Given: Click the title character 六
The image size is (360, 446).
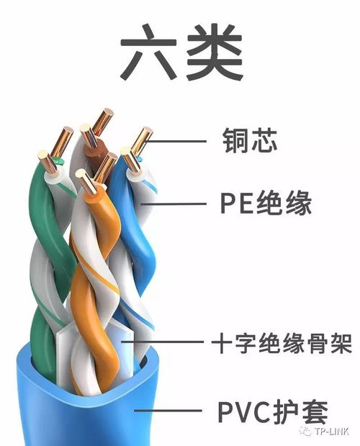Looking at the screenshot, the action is (148, 51).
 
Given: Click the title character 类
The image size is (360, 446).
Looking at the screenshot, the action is (215, 51).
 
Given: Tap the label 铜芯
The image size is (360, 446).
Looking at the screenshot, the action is (250, 140).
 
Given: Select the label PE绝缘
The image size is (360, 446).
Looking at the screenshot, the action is (266, 203).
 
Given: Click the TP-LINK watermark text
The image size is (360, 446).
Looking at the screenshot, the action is (331, 432).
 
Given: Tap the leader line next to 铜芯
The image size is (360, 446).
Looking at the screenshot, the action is (176, 141).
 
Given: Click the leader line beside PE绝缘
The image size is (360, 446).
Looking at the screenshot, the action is (173, 204).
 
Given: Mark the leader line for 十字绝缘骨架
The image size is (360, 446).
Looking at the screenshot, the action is (162, 342).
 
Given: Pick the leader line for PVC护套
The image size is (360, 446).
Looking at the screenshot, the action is (168, 411).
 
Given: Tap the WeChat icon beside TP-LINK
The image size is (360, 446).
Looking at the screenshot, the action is (307, 432).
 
